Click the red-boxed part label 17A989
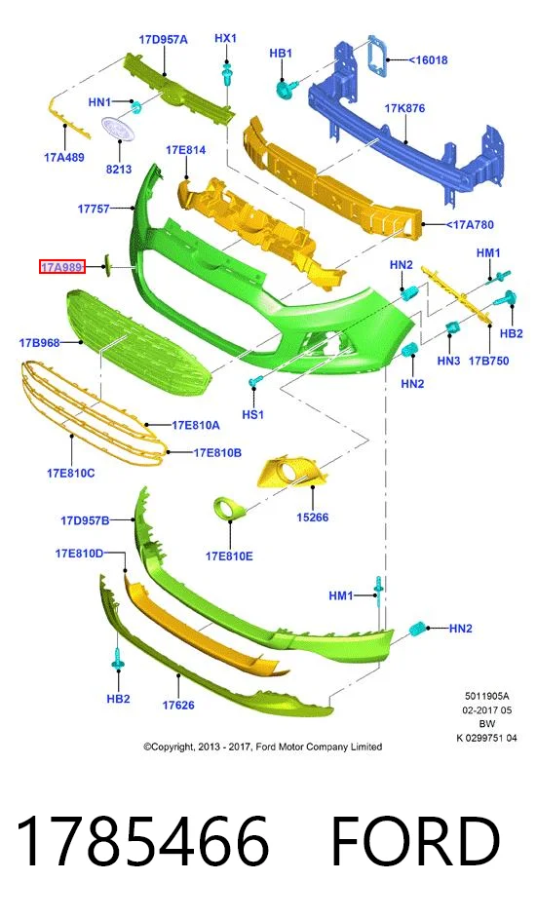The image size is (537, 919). [x=62, y=267]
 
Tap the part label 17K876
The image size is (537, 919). [x=404, y=108]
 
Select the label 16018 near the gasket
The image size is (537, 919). [x=428, y=59]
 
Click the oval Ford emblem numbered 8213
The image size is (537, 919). [x=118, y=128]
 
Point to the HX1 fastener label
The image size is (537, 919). [x=225, y=39]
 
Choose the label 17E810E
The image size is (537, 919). [x=229, y=555]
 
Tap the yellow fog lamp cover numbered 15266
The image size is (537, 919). [x=292, y=474]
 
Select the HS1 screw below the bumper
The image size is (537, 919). [x=253, y=383]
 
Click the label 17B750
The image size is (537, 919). [x=488, y=361]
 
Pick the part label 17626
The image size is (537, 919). [x=178, y=705]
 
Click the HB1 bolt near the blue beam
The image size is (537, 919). [x=285, y=89]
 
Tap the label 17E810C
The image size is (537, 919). [x=71, y=473]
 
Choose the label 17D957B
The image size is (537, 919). [x=85, y=519]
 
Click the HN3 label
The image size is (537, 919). [x=448, y=361]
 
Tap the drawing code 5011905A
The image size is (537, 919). [x=487, y=696]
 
